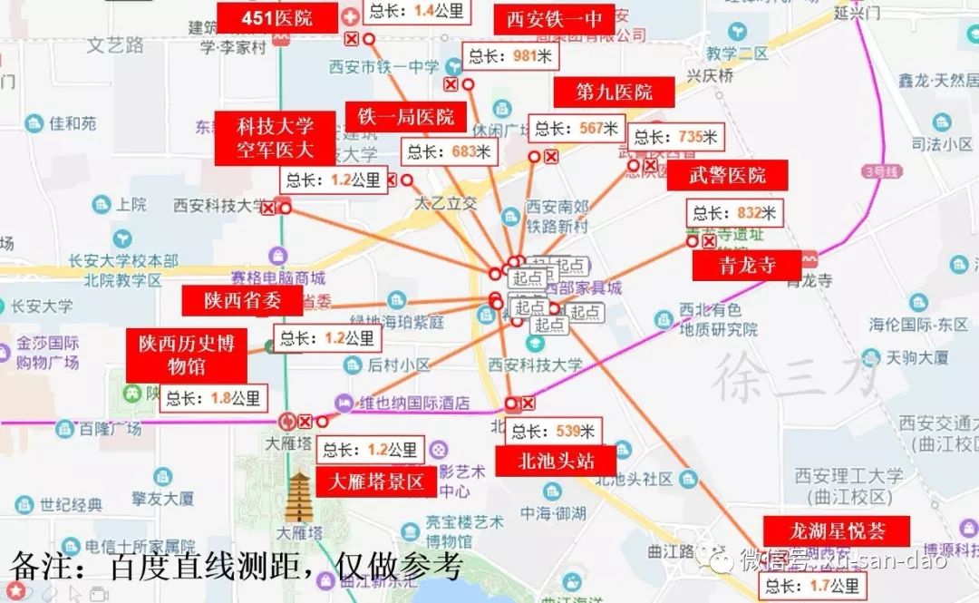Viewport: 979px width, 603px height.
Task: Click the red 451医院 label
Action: tap(276, 17)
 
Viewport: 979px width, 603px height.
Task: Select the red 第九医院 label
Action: tap(615, 92)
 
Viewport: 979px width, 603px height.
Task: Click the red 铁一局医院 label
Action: tap(405, 117)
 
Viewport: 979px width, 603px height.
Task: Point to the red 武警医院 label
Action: tap(727, 175)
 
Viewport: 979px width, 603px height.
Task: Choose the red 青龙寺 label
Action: tap(746, 267)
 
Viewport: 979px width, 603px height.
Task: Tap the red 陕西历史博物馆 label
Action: tap(186, 355)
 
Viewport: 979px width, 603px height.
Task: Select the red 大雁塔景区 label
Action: tap(375, 481)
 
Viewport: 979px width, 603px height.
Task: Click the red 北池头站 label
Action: tap(555, 461)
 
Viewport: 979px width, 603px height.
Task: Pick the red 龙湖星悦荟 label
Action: tap(823, 530)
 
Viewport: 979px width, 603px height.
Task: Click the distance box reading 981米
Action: tap(510, 56)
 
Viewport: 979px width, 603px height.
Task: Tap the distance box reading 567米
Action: tap(577, 129)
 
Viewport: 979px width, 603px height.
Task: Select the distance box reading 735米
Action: tap(675, 138)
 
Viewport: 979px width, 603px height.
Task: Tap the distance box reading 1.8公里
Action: tap(213, 398)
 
